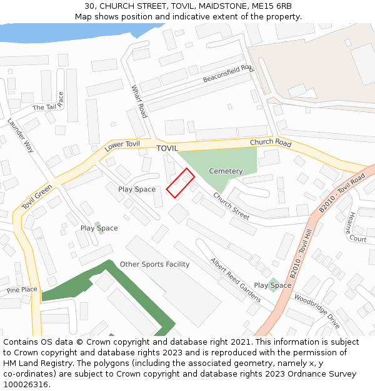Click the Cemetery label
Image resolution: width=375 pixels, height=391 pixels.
pyautogui.click(x=226, y=171)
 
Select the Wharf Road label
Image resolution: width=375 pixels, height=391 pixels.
pyautogui.click(x=139, y=102)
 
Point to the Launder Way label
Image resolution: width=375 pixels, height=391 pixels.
pyautogui.click(x=21, y=136)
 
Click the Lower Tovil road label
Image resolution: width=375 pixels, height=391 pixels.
pyautogui.click(x=122, y=145)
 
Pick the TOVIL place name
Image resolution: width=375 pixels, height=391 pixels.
pyautogui.click(x=167, y=148)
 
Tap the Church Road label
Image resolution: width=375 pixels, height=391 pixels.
pyautogui.click(x=271, y=143)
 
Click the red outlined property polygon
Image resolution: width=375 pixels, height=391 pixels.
pyautogui.click(x=180, y=183)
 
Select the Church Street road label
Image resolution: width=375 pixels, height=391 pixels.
pyautogui.click(x=231, y=206)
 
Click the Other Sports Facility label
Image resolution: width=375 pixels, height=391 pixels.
pyautogui.click(x=154, y=265)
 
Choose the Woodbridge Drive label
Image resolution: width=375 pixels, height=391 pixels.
pyautogui.click(x=317, y=312)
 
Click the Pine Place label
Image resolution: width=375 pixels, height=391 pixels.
pyautogui.click(x=22, y=290)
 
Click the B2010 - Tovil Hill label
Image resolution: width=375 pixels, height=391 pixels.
pyautogui.click(x=301, y=253)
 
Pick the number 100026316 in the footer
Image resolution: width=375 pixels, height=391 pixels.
pyautogui.click(x=26, y=384)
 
